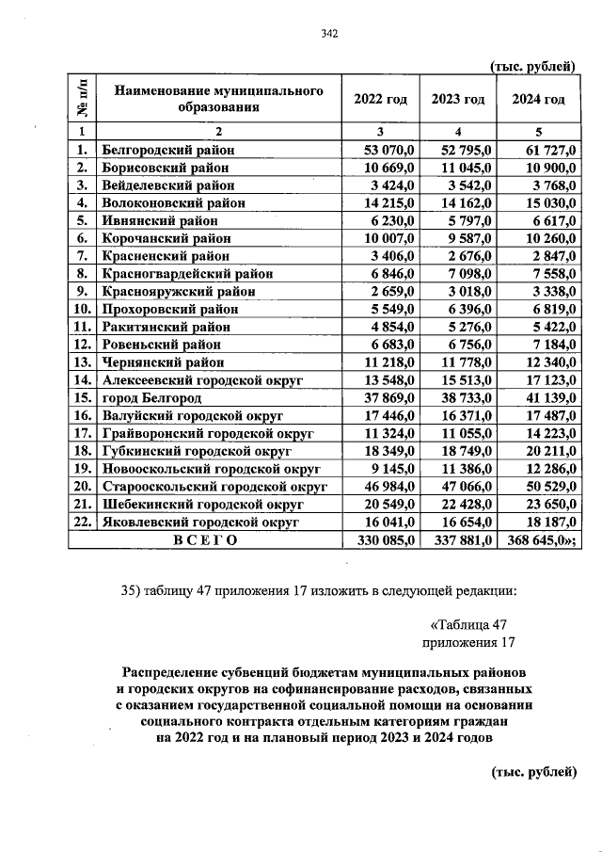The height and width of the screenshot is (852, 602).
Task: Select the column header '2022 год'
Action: [x=380, y=100]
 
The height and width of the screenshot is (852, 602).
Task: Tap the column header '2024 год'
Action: [x=538, y=100]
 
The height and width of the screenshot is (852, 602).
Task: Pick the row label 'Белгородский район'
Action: [x=167, y=149]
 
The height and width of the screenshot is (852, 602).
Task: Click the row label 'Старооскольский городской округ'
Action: [x=214, y=486]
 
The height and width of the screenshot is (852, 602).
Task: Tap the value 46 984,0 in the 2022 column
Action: [x=389, y=486]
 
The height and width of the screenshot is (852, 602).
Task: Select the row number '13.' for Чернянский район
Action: [x=82, y=362]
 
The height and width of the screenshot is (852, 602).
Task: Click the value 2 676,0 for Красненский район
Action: [x=471, y=255]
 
